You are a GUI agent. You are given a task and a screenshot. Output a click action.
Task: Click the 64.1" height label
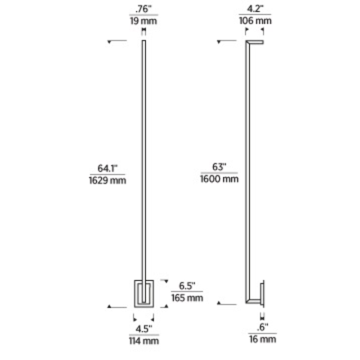(x=107, y=168)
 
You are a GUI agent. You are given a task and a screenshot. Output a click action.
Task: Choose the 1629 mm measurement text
(x=107, y=181)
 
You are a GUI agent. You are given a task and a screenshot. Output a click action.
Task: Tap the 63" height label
(x=219, y=167)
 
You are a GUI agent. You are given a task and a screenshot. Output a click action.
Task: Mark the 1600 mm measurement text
(x=219, y=179)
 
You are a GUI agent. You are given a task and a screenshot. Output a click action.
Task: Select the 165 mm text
(x=187, y=297)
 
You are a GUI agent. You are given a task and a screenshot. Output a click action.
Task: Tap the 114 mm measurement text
(x=144, y=341)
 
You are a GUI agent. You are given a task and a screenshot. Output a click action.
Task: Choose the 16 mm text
(x=262, y=339)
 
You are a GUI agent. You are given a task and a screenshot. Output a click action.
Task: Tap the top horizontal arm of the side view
(x=255, y=42)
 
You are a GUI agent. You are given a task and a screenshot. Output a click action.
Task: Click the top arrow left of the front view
(x=111, y=42)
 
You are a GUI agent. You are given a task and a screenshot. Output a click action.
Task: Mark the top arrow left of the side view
(x=220, y=42)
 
